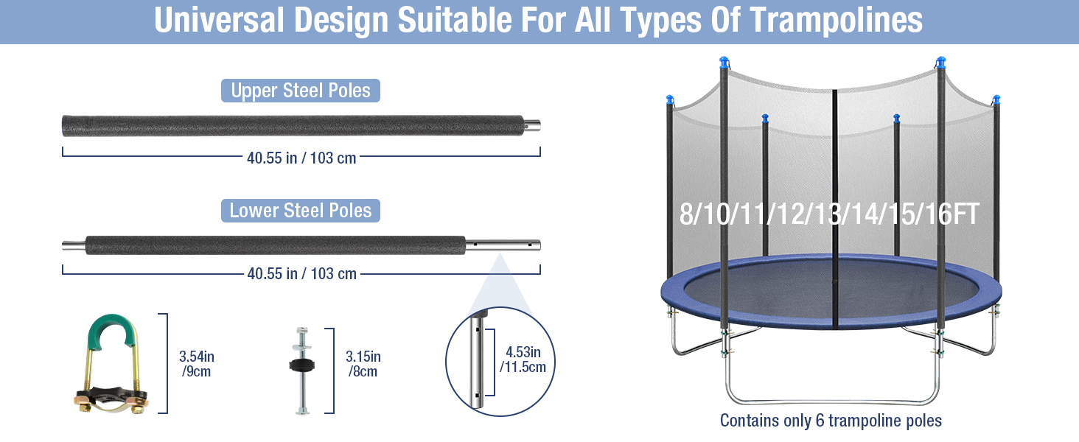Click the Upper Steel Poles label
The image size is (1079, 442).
[x=301, y=91]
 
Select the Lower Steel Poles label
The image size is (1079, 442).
[x=301, y=211]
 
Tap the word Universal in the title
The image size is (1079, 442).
[x=219, y=20]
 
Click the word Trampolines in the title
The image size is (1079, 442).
[x=836, y=20]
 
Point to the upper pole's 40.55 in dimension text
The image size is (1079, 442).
[x=301, y=158]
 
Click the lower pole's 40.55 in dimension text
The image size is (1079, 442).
[x=302, y=273]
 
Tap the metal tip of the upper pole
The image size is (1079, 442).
[x=532, y=126]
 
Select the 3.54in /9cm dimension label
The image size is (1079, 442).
[x=197, y=364]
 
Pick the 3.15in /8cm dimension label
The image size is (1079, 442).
[x=363, y=364]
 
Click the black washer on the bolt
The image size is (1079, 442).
[x=302, y=365]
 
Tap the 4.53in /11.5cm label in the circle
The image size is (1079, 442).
[x=523, y=359]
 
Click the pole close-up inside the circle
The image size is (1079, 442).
[x=478, y=360]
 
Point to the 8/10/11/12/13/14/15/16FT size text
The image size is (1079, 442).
[x=829, y=214]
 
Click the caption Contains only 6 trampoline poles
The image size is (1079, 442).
[x=831, y=421]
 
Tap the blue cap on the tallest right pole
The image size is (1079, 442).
[x=940, y=62]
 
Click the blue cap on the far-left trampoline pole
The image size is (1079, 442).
[x=669, y=99]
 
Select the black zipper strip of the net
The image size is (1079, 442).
[x=835, y=207]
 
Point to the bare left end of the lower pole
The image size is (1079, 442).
[x=74, y=245]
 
